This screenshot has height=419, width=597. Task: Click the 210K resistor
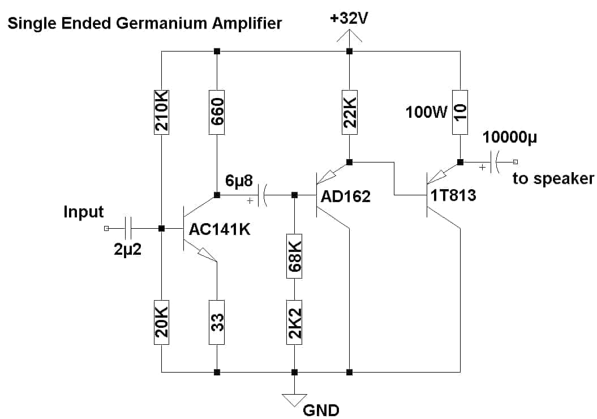[161, 112]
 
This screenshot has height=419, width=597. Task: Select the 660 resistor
[217, 112]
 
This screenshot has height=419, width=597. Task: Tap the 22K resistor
[350, 112]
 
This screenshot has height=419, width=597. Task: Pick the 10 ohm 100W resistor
[460, 112]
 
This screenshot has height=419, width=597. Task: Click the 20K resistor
[161, 322]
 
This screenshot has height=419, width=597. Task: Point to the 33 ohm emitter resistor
[217, 322]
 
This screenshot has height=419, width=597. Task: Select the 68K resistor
[294, 256]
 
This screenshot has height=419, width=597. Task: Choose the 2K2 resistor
[294, 322]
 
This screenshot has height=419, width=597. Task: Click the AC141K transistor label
[220, 229]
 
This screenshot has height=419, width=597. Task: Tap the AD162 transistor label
[346, 196]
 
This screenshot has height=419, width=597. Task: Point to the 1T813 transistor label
[453, 195]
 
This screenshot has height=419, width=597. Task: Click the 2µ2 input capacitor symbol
[128, 229]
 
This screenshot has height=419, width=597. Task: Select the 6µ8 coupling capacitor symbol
[263, 195]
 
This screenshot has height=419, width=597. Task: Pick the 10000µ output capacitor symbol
[495, 163]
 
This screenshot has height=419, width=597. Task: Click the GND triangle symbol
[294, 400]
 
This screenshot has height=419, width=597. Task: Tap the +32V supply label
[349, 18]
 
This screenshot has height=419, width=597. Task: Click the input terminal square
[106, 229]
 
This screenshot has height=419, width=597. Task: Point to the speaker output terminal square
[516, 162]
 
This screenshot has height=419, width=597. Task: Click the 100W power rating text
[427, 112]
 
